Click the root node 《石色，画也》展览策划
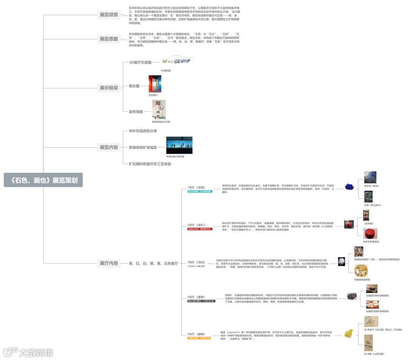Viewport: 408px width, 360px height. click(43, 180)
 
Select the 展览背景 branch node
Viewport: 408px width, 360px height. click(109, 15)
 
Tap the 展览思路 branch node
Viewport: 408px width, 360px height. click(109, 39)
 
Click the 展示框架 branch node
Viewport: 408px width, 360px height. click(109, 88)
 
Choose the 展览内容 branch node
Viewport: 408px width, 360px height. click(109, 147)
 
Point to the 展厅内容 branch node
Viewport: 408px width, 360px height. click(109, 263)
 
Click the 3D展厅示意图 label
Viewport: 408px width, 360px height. click(140, 62)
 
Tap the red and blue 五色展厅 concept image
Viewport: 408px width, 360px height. click(155, 84)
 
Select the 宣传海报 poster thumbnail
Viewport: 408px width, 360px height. click(159, 109)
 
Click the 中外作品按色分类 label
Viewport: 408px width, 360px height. click(143, 131)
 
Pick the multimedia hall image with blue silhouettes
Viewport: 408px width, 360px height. click(179, 145)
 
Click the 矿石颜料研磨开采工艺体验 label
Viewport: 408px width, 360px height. click(150, 164)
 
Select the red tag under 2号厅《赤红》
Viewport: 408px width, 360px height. click(200, 229)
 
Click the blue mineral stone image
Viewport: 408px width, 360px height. click(349, 186)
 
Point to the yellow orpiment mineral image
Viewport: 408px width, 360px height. click(348, 334)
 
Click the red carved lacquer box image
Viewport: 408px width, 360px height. click(370, 233)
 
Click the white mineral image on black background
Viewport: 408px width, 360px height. click(342, 261)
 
